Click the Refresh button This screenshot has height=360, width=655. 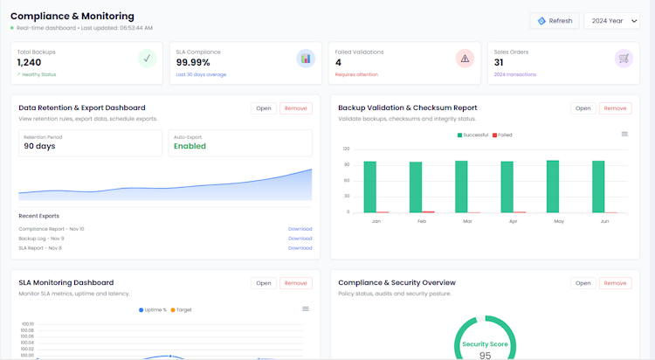click(554, 21)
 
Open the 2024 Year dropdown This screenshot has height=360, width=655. click(611, 21)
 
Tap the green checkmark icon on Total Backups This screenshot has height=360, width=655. click(148, 59)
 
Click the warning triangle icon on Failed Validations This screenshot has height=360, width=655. click(465, 59)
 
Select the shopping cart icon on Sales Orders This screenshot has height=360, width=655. click(623, 59)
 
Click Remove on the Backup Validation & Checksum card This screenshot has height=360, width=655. click(615, 108)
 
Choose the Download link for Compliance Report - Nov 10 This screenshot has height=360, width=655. click(300, 229)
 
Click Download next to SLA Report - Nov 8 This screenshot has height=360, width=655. click(300, 248)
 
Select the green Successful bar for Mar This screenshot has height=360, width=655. click(461, 186)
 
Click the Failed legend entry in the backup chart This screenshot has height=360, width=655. click(502, 135)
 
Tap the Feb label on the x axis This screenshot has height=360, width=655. click(422, 222)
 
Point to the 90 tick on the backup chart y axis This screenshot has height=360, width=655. click(347, 164)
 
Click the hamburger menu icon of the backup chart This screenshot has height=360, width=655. click(624, 134)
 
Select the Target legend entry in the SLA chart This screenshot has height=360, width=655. click(181, 310)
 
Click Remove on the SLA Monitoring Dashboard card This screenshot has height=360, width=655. click(296, 283)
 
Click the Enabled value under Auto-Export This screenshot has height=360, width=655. click(190, 146)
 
